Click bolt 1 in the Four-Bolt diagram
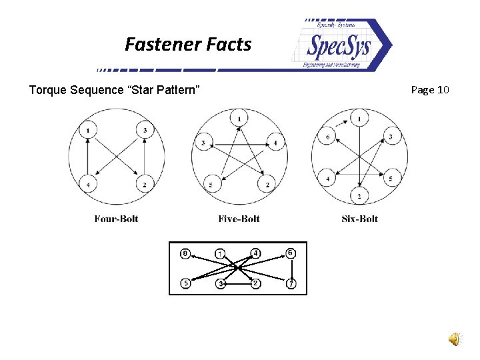(x=88, y=129)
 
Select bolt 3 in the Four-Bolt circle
(x=145, y=129)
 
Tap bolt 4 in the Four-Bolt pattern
(x=88, y=183)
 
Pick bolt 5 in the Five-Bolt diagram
(x=211, y=184)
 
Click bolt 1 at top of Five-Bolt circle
(x=239, y=119)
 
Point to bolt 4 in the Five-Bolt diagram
(x=275, y=143)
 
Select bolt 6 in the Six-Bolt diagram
(x=327, y=137)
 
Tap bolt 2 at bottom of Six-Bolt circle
(x=359, y=196)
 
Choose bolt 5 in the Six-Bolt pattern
(x=391, y=178)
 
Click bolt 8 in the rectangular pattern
(x=186, y=253)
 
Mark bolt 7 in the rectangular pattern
(x=291, y=284)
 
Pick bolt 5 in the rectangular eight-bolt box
(x=186, y=283)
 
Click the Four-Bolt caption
(x=116, y=219)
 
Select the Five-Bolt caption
(x=239, y=219)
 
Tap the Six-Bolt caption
(x=359, y=219)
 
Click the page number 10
(x=443, y=89)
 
